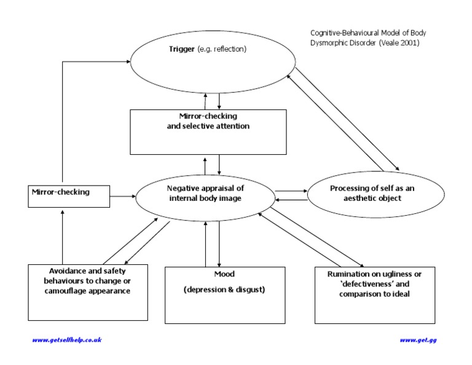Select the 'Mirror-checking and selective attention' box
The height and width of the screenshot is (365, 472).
pos(208,131)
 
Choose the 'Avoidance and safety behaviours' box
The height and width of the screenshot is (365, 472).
pos(88,292)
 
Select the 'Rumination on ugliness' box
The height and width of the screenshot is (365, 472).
pos(374,293)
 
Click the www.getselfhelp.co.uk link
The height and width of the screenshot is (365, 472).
pos(66,340)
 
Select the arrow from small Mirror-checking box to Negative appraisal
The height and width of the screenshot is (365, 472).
pos(123,196)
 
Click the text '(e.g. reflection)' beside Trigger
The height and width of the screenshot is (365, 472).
pos(222,49)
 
